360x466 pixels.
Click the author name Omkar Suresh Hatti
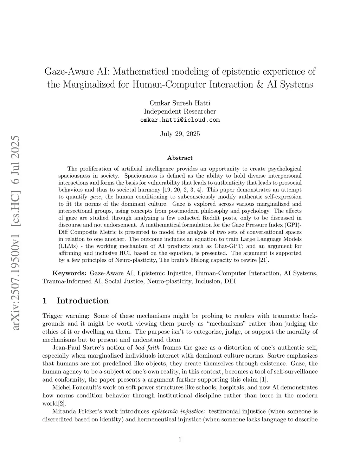pos(180,103)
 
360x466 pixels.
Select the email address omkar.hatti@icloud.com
pos(180,120)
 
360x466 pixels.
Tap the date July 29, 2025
pos(180,134)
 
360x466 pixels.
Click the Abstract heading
pos(180,158)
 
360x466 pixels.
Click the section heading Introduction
pos(83,301)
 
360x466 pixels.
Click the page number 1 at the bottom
pos(180,439)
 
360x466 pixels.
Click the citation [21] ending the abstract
pos(263,260)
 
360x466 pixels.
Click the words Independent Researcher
pos(180,111)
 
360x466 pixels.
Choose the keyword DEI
pos(230,281)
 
